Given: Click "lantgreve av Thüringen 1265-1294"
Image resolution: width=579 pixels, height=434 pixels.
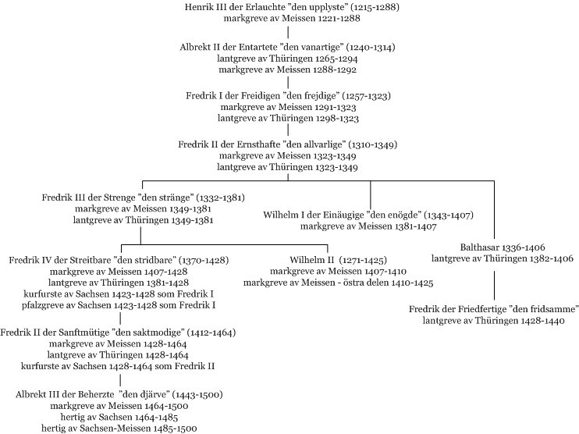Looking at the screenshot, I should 288,59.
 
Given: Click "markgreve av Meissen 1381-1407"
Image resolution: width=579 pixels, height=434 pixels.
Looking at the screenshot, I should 370,227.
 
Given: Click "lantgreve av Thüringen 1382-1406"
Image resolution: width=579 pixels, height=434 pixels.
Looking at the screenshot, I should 492,258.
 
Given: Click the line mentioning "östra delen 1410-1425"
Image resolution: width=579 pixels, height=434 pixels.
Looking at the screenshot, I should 337,283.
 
